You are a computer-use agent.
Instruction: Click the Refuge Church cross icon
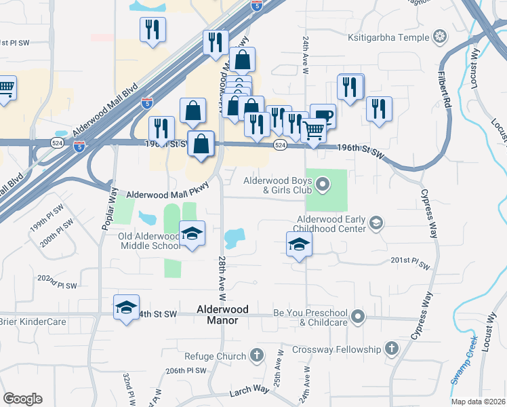pyautogui.click(x=257, y=355)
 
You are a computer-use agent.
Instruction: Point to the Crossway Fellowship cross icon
pyautogui.click(x=391, y=349)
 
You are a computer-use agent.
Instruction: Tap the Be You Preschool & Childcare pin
pyautogui.click(x=359, y=317)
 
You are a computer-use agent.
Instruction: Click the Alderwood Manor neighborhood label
pyautogui.click(x=222, y=314)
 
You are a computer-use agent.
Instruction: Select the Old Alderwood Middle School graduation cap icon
pyautogui.click(x=192, y=233)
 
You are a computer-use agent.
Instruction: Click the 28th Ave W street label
pyautogui.click(x=222, y=278)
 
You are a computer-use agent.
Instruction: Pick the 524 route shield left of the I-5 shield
pyautogui.click(x=56, y=142)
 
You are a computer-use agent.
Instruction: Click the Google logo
pyautogui.click(x=22, y=399)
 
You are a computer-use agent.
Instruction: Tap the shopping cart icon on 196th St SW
pyautogui.click(x=313, y=130)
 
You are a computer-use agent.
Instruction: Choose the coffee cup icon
pyautogui.click(x=323, y=115)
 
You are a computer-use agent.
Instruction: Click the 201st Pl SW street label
pyautogui.click(x=411, y=260)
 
